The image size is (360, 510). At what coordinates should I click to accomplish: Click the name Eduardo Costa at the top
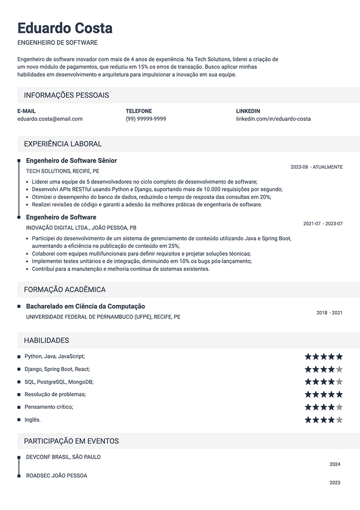click(65, 28)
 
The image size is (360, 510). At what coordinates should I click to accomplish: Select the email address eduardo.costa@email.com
click(50, 119)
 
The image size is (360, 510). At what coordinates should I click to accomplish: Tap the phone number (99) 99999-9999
click(146, 119)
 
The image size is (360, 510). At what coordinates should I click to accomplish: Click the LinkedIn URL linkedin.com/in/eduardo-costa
click(273, 119)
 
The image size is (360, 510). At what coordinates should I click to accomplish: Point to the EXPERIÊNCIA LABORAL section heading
click(63, 144)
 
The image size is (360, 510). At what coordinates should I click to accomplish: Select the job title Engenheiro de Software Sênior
click(71, 161)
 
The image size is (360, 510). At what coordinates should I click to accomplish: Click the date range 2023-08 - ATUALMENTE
click(317, 167)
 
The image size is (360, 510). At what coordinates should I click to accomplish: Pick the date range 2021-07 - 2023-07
click(323, 224)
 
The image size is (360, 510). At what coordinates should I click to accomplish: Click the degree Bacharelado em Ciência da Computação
click(85, 307)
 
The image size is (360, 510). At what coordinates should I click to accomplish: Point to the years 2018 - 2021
click(330, 313)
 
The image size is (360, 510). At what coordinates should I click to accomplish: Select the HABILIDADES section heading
click(46, 340)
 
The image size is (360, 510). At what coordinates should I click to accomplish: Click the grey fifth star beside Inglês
click(340, 420)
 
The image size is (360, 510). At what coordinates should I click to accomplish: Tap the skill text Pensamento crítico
click(48, 407)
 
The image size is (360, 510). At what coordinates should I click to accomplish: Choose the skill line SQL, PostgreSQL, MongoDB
click(59, 382)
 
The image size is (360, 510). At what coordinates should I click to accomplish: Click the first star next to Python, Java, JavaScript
click(308, 356)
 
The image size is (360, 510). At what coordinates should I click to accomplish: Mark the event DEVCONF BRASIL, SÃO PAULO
click(63, 457)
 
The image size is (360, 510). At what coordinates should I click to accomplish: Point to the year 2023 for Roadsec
click(335, 483)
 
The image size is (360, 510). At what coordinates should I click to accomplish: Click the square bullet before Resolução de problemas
click(19, 394)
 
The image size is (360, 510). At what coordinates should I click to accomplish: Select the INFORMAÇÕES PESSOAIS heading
click(66, 95)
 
